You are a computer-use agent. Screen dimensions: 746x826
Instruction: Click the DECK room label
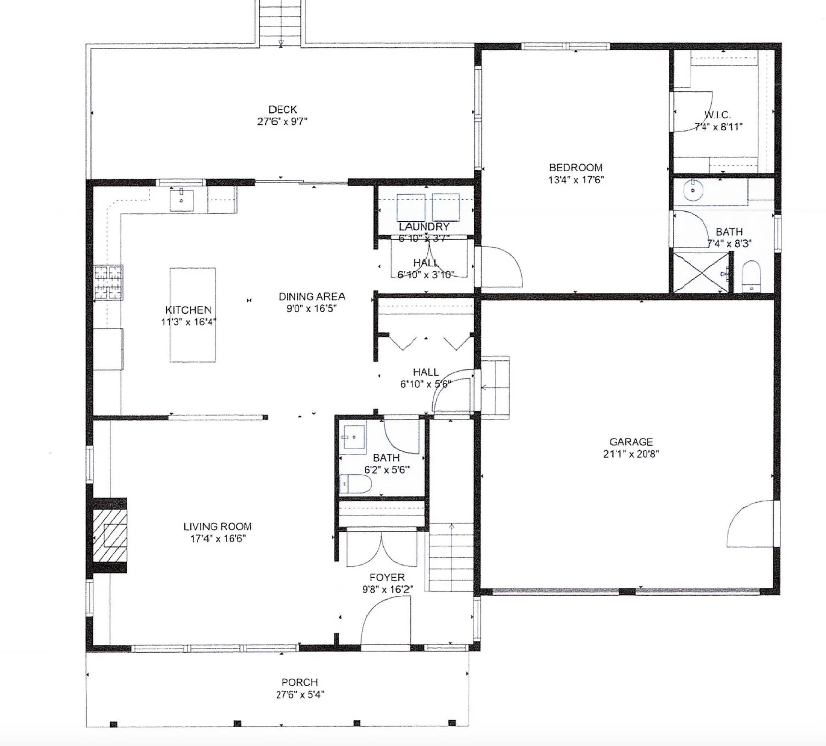tap(282, 109)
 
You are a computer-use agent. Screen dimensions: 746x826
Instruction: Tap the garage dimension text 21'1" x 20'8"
tap(631, 454)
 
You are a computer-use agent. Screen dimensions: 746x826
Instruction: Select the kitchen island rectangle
tap(192, 315)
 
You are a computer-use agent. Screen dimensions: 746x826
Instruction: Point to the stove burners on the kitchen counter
tap(108, 282)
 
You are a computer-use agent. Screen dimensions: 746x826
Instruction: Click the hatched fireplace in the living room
tap(110, 535)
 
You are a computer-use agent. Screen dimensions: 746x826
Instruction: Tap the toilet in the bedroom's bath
tap(751, 276)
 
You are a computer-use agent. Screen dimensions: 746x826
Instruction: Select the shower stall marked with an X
tap(701, 273)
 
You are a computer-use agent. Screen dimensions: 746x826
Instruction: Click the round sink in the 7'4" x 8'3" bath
tap(693, 191)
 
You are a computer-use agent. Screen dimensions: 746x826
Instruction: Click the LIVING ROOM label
tap(217, 526)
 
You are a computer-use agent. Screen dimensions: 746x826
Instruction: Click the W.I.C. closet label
tap(717, 115)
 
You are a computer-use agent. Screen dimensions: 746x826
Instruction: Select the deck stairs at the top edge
tap(280, 22)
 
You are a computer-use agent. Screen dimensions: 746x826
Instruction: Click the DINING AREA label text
tap(311, 297)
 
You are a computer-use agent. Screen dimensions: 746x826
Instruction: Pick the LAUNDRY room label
tap(424, 227)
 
